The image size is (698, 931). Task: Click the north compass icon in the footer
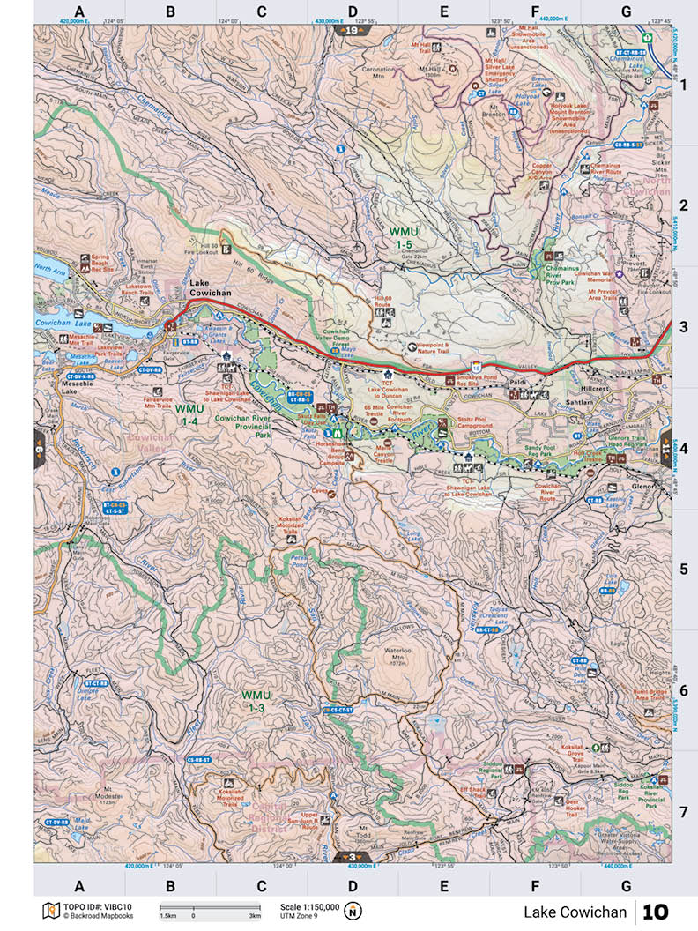click(353, 911)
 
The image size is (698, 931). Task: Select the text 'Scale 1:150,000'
click(309, 906)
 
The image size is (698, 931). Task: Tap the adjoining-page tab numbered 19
click(353, 30)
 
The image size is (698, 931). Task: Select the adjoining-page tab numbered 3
click(353, 856)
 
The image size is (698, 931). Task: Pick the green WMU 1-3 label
click(256, 702)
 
